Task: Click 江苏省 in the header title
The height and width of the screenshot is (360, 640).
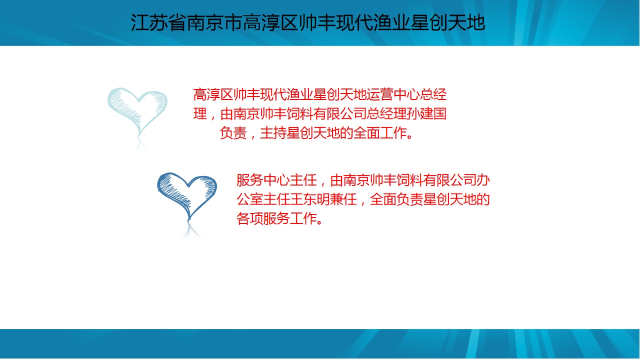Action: (x=158, y=22)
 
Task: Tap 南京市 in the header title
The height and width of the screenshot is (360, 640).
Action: (x=214, y=22)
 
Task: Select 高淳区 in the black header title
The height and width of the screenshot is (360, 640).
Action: (x=270, y=22)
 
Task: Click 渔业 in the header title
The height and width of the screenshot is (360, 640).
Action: (x=391, y=22)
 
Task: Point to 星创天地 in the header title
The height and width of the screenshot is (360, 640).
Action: (x=447, y=22)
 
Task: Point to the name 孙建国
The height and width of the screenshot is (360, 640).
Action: (x=426, y=113)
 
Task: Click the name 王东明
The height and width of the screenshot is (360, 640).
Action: (x=310, y=199)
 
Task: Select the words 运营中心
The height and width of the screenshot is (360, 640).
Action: (x=393, y=94)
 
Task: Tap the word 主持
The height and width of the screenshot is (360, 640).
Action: (x=273, y=133)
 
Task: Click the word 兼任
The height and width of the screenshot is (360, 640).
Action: (x=343, y=199)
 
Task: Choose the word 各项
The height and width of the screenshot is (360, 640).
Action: (x=250, y=218)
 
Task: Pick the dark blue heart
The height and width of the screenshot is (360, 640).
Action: (x=187, y=196)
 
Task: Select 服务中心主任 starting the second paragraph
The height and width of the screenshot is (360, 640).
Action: (x=277, y=180)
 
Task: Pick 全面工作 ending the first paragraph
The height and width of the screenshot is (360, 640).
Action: (x=380, y=133)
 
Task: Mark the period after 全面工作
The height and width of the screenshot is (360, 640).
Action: (x=410, y=136)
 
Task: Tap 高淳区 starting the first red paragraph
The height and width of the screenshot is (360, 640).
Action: (x=213, y=94)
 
